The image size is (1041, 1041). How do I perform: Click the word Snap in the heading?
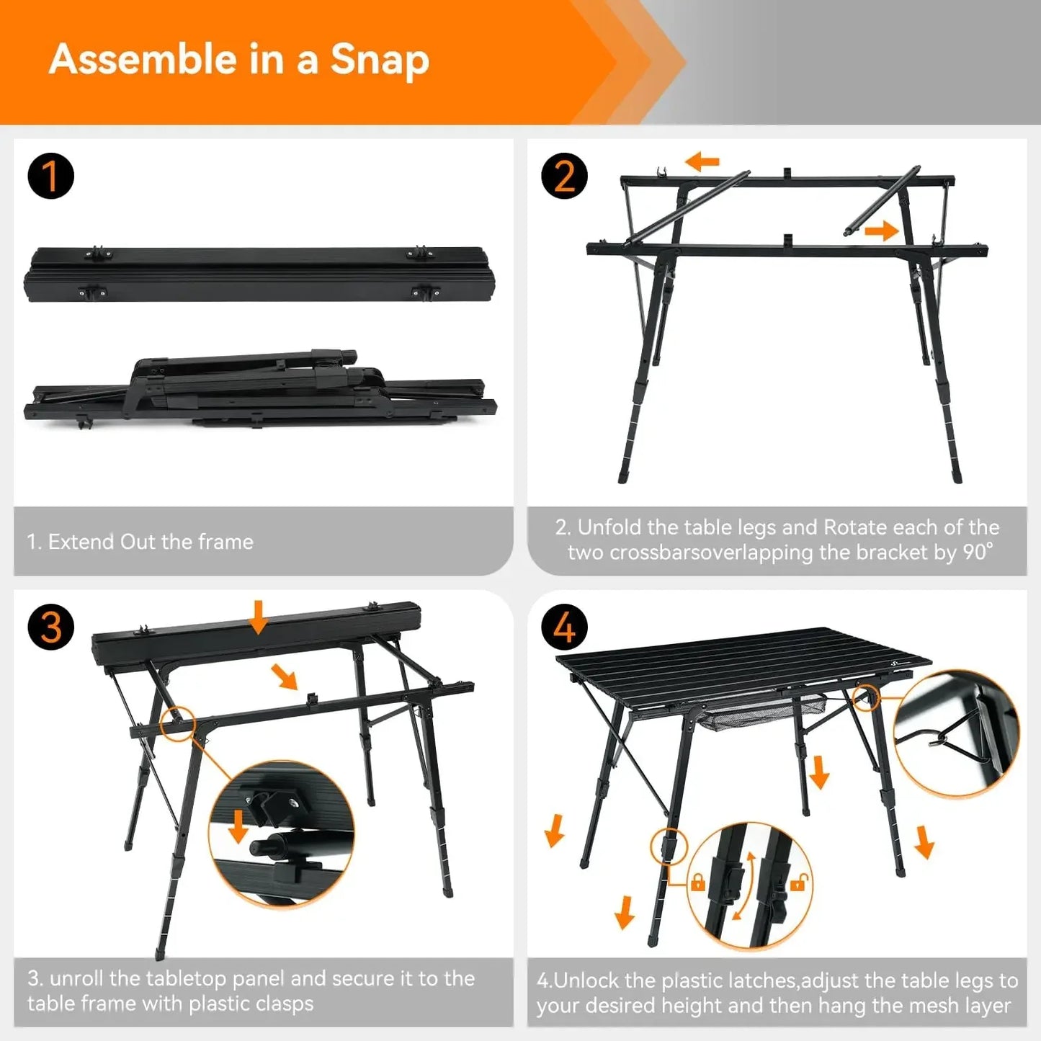(x=380, y=61)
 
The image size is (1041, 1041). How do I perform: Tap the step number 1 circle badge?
(x=50, y=176)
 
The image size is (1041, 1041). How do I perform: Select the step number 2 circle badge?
(x=564, y=176)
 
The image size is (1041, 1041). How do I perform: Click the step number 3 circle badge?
(x=50, y=627)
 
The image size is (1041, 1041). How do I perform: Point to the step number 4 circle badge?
(x=564, y=627)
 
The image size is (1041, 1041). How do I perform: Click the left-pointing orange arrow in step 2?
(x=702, y=161)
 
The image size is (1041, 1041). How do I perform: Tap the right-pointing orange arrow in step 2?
(x=881, y=231)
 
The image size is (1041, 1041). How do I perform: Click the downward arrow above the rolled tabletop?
(x=258, y=617)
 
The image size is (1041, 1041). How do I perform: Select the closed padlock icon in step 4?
(x=697, y=882)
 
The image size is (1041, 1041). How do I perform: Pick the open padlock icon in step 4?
(x=798, y=882)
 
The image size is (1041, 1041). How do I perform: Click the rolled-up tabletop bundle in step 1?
(x=259, y=274)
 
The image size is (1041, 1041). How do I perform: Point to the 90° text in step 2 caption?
(x=978, y=553)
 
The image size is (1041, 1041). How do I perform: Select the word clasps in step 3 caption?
(x=280, y=1004)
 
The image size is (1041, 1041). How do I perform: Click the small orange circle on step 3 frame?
(x=178, y=723)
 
